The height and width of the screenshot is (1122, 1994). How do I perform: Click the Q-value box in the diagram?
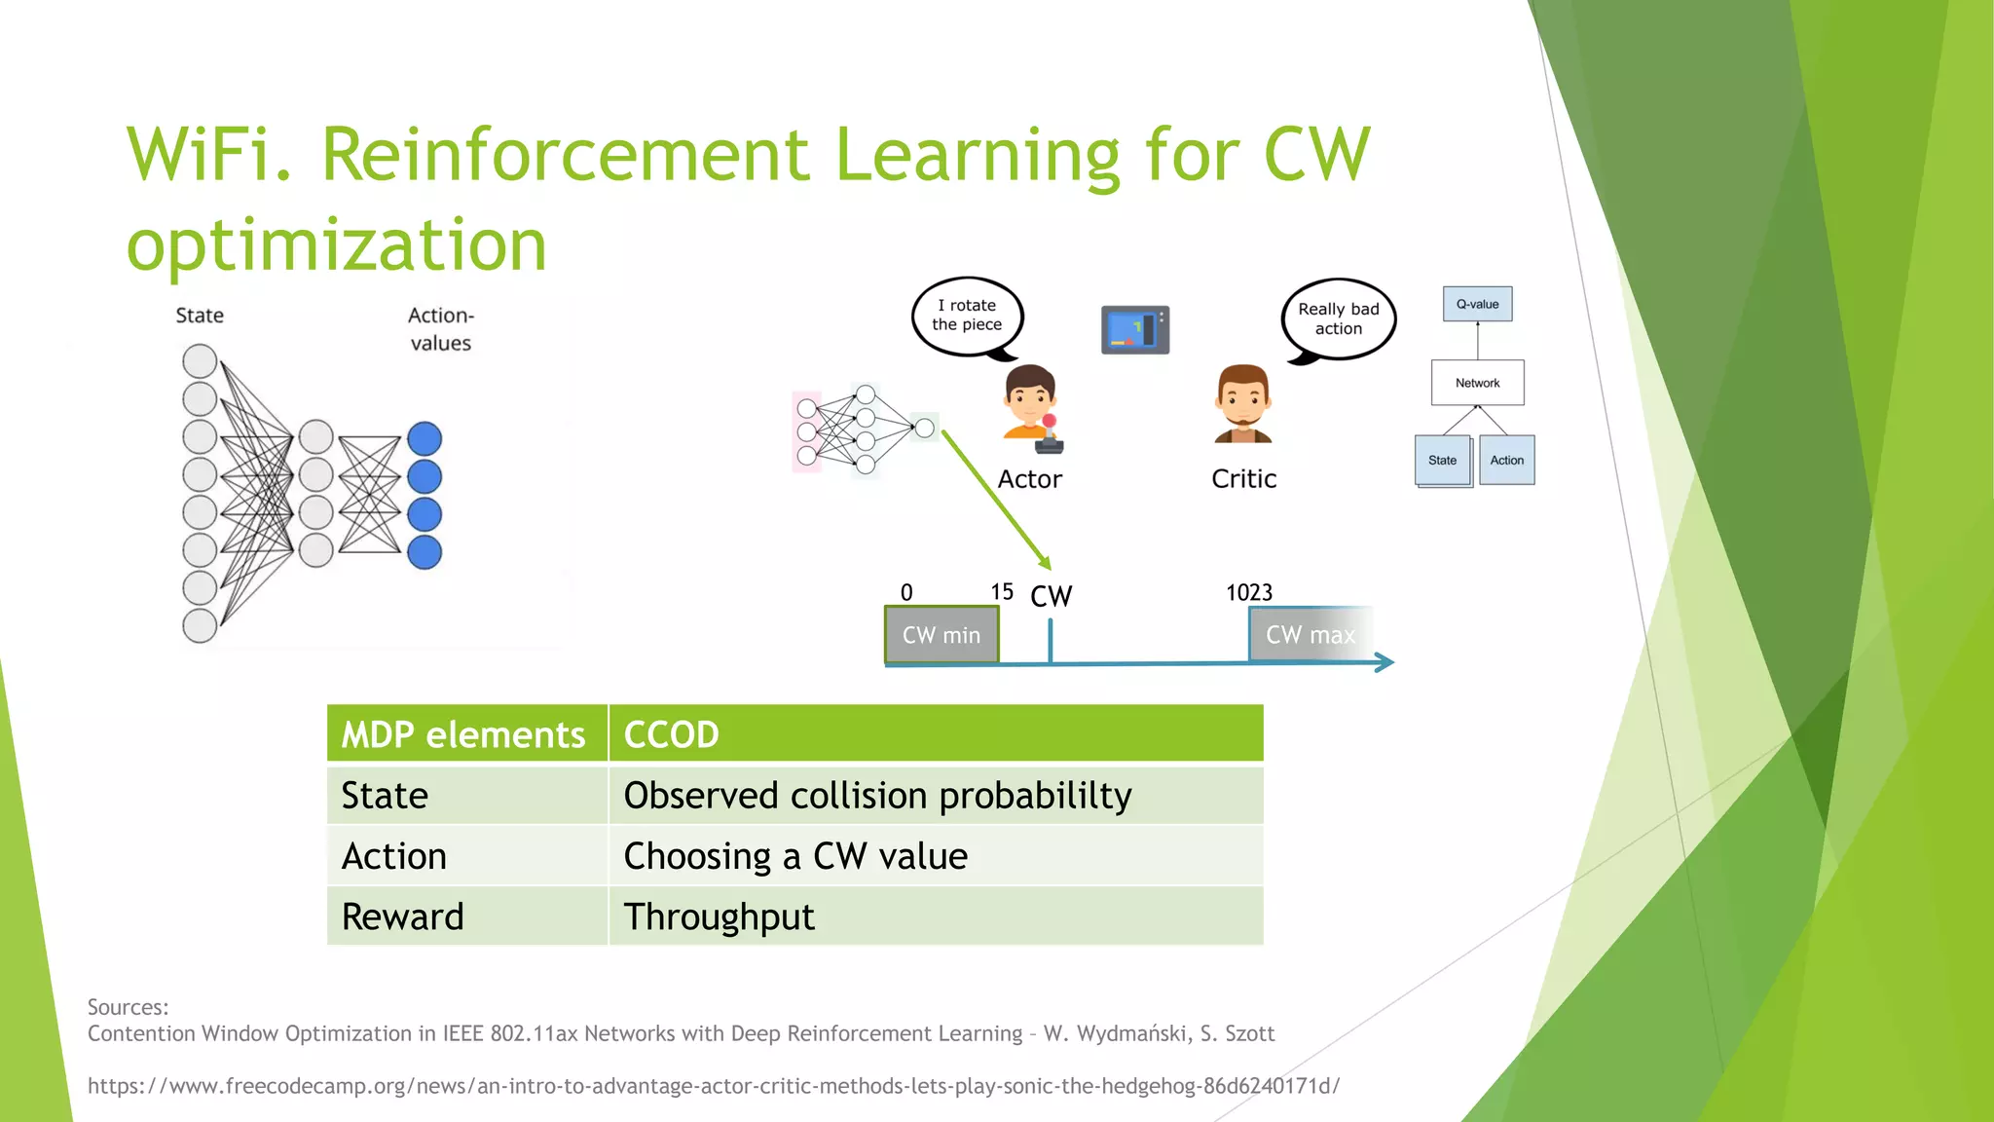pyautogui.click(x=1477, y=304)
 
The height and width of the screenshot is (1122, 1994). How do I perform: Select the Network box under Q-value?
pyautogui.click(x=1477, y=383)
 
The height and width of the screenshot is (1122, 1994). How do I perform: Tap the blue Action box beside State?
pyautogui.click(x=1506, y=460)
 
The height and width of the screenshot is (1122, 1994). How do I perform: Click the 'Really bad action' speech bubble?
pyautogui.click(x=1339, y=318)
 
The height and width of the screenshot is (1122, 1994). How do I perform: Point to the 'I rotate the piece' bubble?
pyautogui.click(x=967, y=316)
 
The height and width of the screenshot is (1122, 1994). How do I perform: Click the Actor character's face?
pyautogui.click(x=1029, y=398)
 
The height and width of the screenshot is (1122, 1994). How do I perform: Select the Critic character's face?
pyautogui.click(x=1243, y=398)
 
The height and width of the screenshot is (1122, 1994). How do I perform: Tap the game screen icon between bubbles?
pyautogui.click(x=1135, y=329)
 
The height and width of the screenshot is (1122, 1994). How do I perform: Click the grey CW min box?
pyautogui.click(x=942, y=635)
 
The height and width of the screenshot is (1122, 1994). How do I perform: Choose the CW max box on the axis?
pyautogui.click(x=1310, y=635)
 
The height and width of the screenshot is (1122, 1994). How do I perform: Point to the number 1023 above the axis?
pyautogui.click(x=1249, y=592)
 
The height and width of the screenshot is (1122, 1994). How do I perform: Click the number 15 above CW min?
pyautogui.click(x=1002, y=592)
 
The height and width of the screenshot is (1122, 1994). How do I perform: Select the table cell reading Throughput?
pyautogui.click(x=720, y=916)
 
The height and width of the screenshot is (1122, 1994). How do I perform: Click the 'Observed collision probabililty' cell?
pyautogui.click(x=877, y=796)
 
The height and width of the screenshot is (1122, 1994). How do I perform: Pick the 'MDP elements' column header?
pyautogui.click(x=463, y=734)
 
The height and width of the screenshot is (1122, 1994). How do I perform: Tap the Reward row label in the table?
pyautogui.click(x=403, y=916)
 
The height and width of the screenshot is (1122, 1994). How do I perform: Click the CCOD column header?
pyautogui.click(x=671, y=734)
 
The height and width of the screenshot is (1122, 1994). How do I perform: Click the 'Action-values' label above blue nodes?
pyautogui.click(x=440, y=329)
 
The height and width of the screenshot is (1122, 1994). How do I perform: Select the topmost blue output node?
pyautogui.click(x=425, y=438)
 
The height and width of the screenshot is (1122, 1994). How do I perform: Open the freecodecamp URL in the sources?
pyautogui.click(x=713, y=1086)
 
